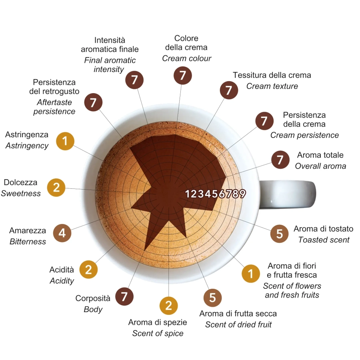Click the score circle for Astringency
pos(65,141)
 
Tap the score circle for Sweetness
pos(56,188)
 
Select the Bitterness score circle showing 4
pos(62,233)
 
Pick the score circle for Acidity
pos(89,270)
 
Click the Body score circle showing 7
pos(124,296)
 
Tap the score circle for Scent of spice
pos(169,306)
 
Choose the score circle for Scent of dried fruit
pos(213,298)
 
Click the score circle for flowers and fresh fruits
pos(251,274)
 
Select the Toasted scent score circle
pos(280,234)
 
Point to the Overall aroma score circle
pos(280,160)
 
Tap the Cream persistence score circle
pos(264,121)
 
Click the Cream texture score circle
pos(229,90)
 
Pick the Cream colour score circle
pos(182,76)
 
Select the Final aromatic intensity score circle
pos(134,80)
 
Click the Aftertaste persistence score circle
pos(93,102)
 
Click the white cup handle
pos(288,195)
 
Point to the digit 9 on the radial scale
pos(242,194)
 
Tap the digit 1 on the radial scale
pos(188,194)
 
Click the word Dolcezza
pos(20,182)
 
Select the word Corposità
pos(93,298)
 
